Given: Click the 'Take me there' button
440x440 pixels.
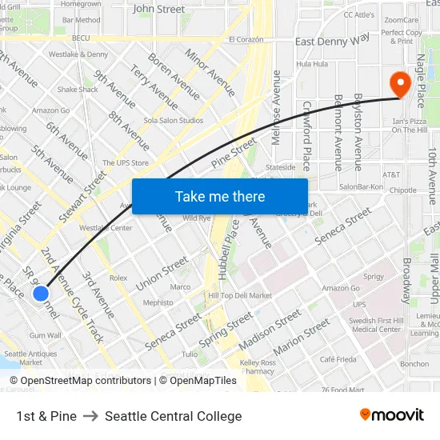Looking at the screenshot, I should [x=219, y=196].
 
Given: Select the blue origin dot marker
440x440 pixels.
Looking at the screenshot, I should [x=41, y=294].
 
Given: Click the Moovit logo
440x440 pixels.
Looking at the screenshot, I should [x=391, y=415].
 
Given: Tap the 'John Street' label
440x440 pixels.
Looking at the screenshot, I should [x=158, y=10].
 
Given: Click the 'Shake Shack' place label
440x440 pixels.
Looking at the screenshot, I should [x=78, y=90].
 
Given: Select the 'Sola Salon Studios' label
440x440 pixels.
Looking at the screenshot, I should [x=173, y=121].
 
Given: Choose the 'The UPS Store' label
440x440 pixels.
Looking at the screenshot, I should [x=126, y=163].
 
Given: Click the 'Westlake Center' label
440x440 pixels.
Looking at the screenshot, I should [x=106, y=228].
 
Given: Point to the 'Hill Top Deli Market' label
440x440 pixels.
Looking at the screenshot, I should [x=240, y=296].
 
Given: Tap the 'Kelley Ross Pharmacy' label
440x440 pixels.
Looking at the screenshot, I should [x=258, y=367].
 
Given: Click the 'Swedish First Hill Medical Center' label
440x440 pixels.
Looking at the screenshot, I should [x=376, y=325].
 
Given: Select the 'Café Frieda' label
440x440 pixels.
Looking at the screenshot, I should [x=338, y=360].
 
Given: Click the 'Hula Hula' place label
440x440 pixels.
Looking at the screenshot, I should [x=312, y=64].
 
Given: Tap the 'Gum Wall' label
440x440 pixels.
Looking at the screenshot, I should [x=45, y=335].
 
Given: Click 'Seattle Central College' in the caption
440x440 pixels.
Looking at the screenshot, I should [x=173, y=416].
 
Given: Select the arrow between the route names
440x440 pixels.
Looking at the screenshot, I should [x=90, y=416].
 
